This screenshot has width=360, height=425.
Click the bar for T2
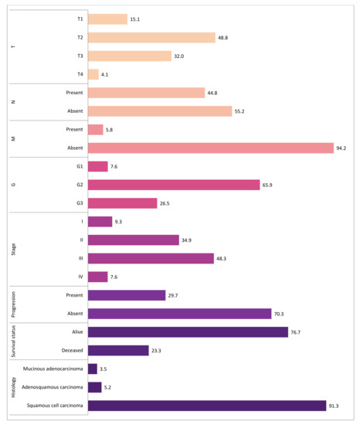151,37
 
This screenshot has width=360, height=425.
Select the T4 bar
93,74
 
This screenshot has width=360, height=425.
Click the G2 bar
174,185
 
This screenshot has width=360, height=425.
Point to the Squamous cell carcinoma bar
207,406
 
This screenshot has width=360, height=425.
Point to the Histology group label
14,387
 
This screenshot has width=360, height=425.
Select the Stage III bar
151,258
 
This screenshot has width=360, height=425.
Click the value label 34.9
185,240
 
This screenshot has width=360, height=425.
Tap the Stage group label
14,249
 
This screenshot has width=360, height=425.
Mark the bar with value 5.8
96,129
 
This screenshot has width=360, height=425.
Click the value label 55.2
241,111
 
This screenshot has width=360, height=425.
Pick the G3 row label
79,203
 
